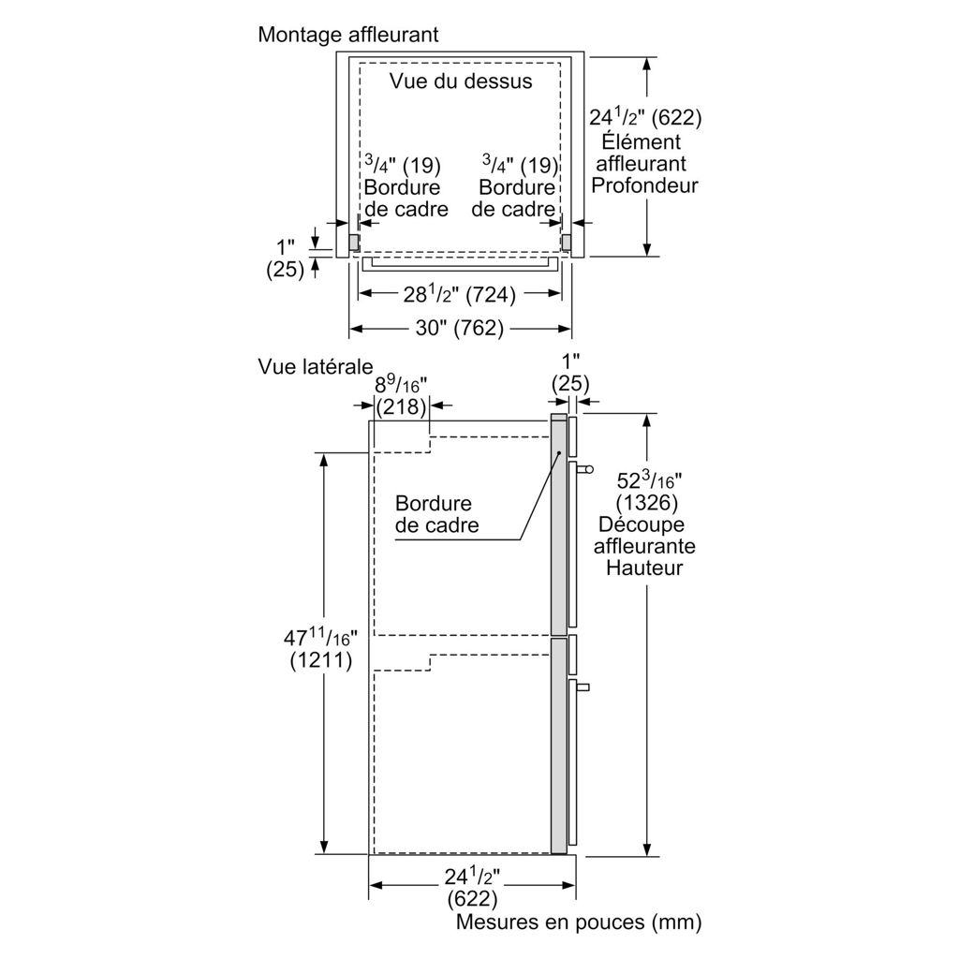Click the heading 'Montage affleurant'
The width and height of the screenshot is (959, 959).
click(x=348, y=35)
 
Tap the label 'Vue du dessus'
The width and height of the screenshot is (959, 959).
click(x=461, y=81)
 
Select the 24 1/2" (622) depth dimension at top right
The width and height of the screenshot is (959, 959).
click(x=645, y=118)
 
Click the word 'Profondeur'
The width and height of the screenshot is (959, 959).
click(x=644, y=185)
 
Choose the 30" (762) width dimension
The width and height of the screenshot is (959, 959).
click(x=460, y=329)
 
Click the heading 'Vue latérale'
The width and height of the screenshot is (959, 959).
click(x=316, y=366)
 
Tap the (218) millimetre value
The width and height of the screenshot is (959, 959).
click(x=401, y=407)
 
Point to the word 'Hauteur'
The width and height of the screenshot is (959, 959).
click(x=644, y=568)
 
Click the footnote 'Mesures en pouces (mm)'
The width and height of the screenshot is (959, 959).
click(x=579, y=922)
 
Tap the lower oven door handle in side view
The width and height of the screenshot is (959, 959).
click(x=583, y=688)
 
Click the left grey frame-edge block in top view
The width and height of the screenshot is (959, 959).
click(x=354, y=242)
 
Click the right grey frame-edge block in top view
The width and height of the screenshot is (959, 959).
click(x=567, y=242)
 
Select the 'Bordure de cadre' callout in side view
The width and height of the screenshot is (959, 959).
click(x=436, y=515)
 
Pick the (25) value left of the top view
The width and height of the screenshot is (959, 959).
click(x=285, y=270)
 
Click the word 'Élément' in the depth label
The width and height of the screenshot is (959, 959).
click(x=644, y=141)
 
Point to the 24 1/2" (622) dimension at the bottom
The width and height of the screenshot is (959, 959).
click(x=474, y=888)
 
